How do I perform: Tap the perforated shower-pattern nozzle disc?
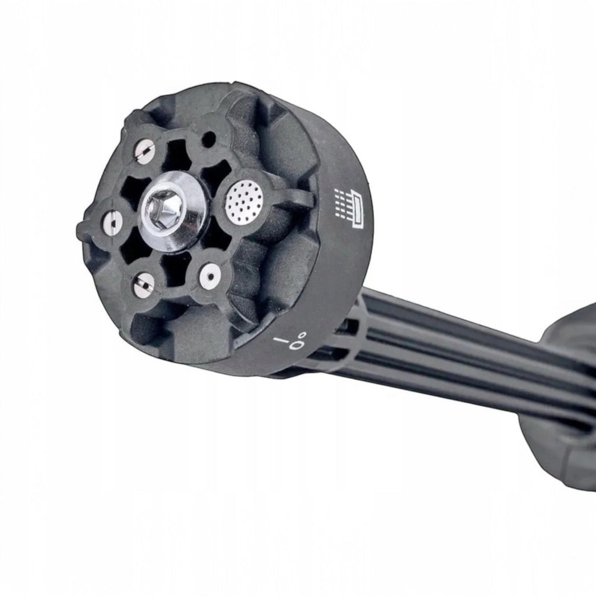click(x=244, y=201)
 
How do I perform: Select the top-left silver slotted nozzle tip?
click(x=144, y=152)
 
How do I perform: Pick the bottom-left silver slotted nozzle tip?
click(x=144, y=284)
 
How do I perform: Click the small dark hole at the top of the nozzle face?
click(x=208, y=139)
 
